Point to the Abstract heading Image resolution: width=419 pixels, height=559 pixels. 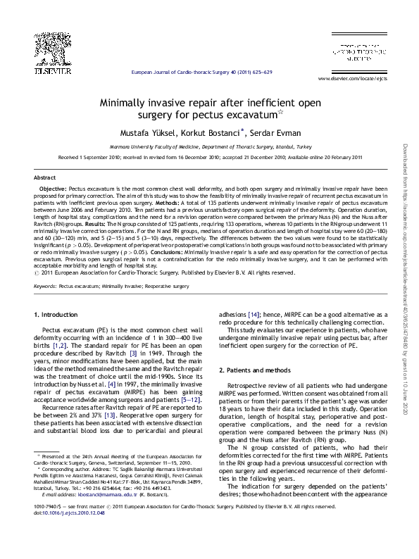click(44, 178)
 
